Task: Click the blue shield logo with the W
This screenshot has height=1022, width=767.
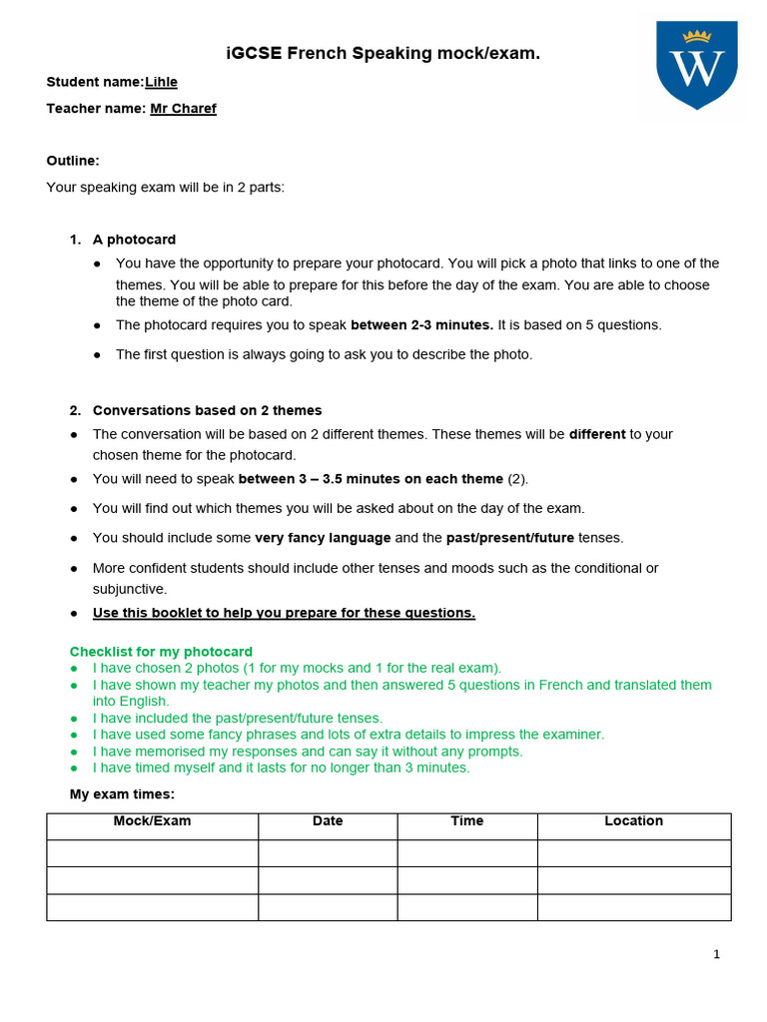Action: (x=696, y=66)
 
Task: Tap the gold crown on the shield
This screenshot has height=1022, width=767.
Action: (x=696, y=36)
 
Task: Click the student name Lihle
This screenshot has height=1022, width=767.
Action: (x=162, y=82)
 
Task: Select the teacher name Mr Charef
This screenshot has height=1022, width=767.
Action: (x=183, y=108)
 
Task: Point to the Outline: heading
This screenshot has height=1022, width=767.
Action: (x=73, y=160)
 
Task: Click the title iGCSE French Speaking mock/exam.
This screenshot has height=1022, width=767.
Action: (x=383, y=53)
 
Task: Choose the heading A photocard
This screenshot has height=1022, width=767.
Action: (x=134, y=240)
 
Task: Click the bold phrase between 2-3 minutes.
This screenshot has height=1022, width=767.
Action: (x=421, y=324)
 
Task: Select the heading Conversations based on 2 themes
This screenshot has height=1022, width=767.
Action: (x=207, y=410)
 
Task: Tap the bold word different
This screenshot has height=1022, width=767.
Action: (x=597, y=434)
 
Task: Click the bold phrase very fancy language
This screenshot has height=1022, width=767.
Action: (x=323, y=537)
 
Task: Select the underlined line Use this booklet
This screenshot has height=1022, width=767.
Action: (x=284, y=613)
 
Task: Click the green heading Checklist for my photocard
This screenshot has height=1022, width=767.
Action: (x=161, y=652)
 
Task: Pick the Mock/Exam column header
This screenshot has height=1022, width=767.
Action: (x=152, y=821)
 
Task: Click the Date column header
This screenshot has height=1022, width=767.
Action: (x=328, y=821)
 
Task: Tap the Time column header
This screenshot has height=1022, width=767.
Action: (x=466, y=821)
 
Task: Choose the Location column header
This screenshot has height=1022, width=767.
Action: (x=633, y=821)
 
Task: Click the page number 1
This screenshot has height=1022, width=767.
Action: (x=716, y=954)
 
